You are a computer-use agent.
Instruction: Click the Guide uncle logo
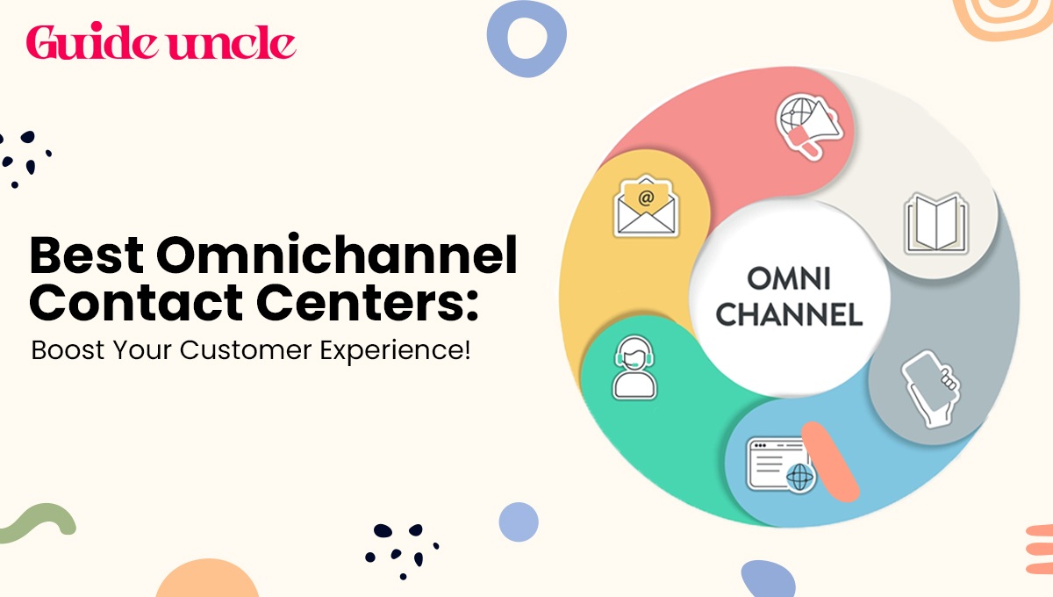(x=161, y=41)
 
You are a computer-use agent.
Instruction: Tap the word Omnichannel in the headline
(x=337, y=255)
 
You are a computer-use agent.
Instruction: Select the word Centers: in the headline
(x=367, y=303)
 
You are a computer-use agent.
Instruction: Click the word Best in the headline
(x=87, y=255)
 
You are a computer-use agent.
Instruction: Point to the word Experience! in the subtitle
(x=395, y=351)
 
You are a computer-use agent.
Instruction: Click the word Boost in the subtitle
(x=68, y=350)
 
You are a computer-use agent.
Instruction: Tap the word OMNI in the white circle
(x=789, y=279)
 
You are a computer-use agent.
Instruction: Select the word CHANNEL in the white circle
(x=789, y=314)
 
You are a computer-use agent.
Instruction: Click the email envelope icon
(x=646, y=206)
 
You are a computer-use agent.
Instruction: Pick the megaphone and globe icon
(x=808, y=126)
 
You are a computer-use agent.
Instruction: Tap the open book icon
(x=936, y=224)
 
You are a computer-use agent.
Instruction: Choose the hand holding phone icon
(x=931, y=389)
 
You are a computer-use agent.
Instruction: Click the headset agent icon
(x=634, y=368)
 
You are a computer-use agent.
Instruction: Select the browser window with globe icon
(x=781, y=464)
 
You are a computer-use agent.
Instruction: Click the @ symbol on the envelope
(x=646, y=198)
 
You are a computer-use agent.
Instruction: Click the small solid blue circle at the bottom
(x=519, y=521)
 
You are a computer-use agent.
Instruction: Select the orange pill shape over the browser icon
(x=830, y=462)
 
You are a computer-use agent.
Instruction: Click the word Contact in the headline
(x=136, y=303)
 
